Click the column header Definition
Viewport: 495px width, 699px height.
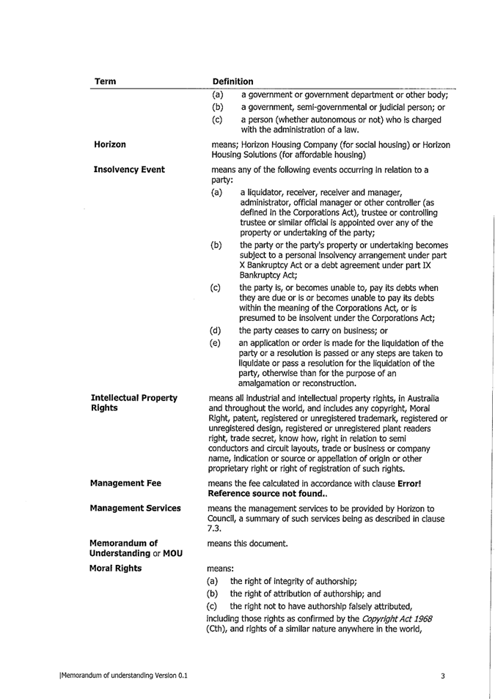[232, 81]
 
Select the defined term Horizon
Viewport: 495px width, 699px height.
[109, 145]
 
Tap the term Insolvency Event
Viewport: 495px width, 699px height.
[129, 170]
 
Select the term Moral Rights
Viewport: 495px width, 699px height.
[117, 568]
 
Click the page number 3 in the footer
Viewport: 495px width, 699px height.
[443, 676]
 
